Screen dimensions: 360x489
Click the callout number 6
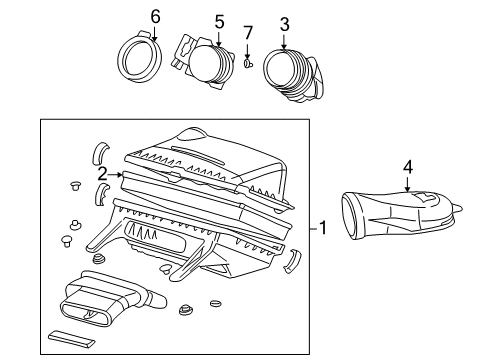(155, 16)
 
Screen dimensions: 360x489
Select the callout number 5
(219, 19)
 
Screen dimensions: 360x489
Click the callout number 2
(101, 173)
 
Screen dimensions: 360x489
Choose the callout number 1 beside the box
(323, 228)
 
